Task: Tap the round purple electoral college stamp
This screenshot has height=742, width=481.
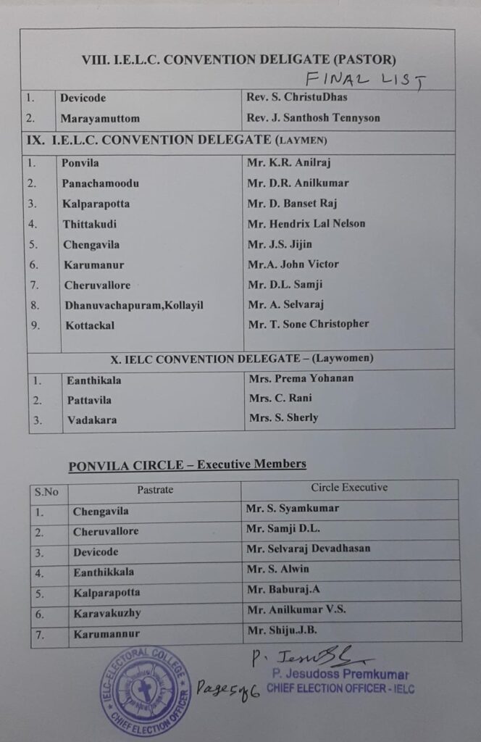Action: (145, 691)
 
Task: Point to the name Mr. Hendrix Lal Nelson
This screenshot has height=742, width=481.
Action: (307, 224)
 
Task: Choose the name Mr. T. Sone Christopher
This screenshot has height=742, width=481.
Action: (309, 324)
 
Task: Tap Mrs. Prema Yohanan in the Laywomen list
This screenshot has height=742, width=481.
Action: (301, 378)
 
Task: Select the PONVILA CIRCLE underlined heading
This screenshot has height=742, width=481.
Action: (187, 464)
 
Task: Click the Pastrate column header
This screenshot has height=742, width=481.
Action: (155, 490)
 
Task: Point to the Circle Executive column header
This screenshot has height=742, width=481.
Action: (349, 488)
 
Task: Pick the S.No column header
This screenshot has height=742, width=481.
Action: (47, 492)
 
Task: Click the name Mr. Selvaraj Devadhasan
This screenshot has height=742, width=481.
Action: (308, 549)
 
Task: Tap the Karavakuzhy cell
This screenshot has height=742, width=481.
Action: (106, 613)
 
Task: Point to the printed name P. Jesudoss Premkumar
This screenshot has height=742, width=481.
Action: (340, 675)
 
